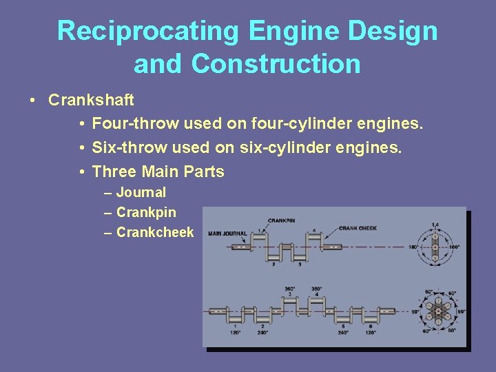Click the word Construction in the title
[x=276, y=64]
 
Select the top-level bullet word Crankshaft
[x=91, y=100]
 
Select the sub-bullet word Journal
[x=141, y=192]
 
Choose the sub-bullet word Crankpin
[x=146, y=213]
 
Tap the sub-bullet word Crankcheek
[x=155, y=233]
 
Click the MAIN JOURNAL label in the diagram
[x=228, y=233]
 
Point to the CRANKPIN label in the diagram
[x=281, y=220]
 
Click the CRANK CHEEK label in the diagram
[x=358, y=228]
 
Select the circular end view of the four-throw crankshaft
[x=434, y=247]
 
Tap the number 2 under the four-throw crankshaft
[x=273, y=263]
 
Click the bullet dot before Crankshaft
[x=33, y=101]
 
